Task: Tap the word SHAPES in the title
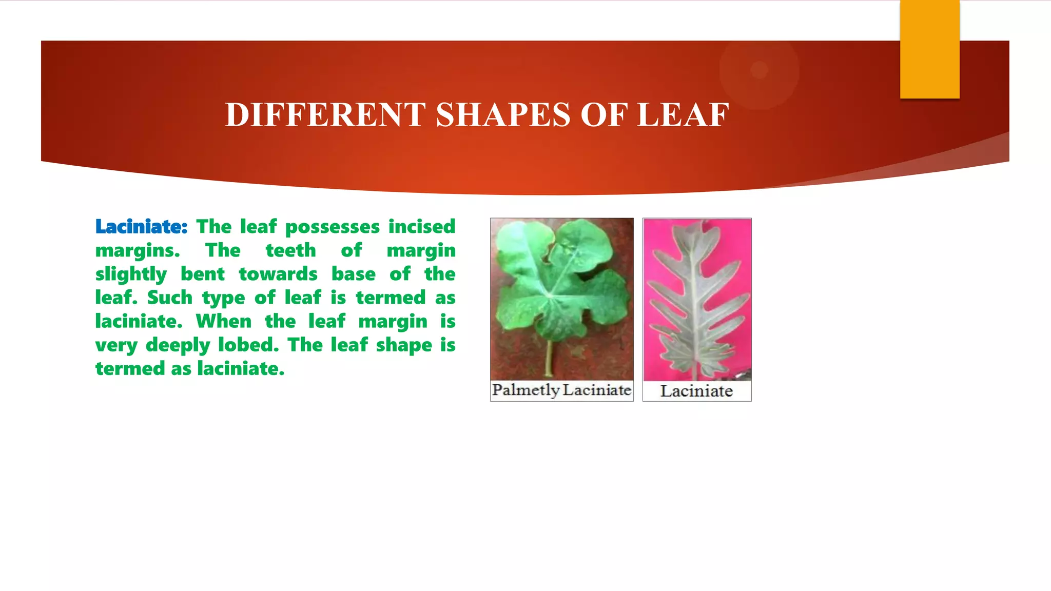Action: pos(503,114)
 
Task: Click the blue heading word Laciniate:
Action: pos(141,227)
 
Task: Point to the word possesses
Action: pos(333,227)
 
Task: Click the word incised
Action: pos(422,227)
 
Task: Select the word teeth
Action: pos(290,250)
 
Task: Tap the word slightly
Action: pos(131,274)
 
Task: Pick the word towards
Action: pos(278,274)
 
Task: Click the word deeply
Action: pos(178,345)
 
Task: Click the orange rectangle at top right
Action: pos(929,49)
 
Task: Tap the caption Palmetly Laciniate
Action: pos(561,390)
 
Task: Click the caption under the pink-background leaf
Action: pos(696,391)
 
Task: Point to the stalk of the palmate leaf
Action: pos(549,359)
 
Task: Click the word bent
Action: pos(202,274)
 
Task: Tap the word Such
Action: pos(169,298)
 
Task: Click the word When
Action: pos(223,321)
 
